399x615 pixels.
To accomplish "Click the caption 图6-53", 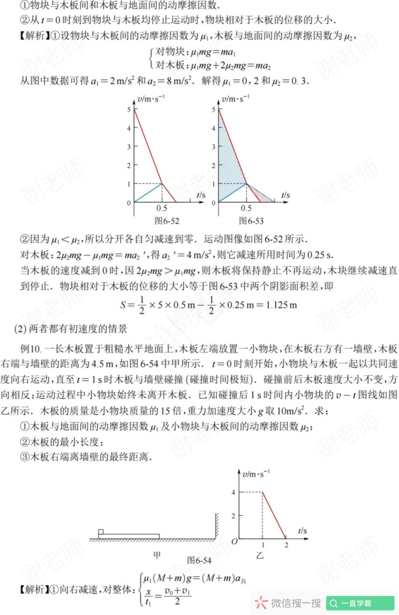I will [251, 220].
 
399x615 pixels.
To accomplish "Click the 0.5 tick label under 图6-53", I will [246, 208].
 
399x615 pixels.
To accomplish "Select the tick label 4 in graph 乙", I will [233, 492].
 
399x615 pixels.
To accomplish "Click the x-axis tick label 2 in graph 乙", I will [286, 545].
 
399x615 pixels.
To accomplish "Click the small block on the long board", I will [101, 531].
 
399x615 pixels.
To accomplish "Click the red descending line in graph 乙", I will [274, 515].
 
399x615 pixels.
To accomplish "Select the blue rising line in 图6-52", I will [148, 193].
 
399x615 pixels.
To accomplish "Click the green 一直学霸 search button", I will [360, 604].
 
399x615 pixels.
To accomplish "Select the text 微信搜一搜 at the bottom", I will [296, 604].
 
